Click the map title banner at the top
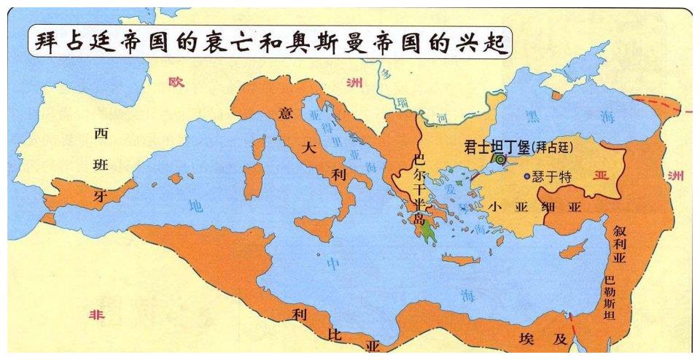click(x=270, y=42)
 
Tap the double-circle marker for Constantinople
click(x=500, y=157)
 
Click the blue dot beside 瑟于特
click(x=526, y=176)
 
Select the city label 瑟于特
click(x=552, y=176)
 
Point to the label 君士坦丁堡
click(x=496, y=146)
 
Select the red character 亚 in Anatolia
click(x=601, y=176)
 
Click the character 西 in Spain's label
click(x=101, y=133)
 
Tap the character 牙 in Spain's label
click(x=101, y=196)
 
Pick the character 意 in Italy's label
click(x=285, y=114)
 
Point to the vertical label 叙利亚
click(x=620, y=246)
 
